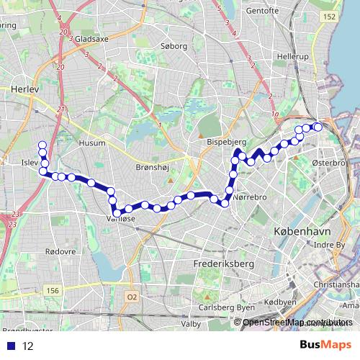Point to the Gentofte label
265,12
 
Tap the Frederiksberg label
225,264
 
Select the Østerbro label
330,163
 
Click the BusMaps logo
325,345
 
